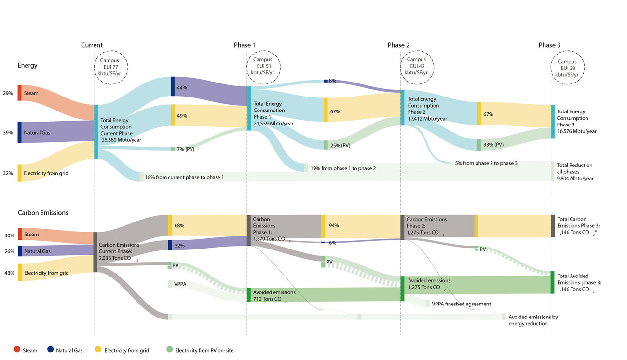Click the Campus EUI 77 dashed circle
(x=110, y=67)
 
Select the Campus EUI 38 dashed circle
(x=567, y=68)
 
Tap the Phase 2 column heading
(x=398, y=45)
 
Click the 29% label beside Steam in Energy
(x=8, y=93)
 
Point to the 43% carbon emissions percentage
(x=9, y=273)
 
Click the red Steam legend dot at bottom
(x=17, y=350)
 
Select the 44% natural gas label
(x=182, y=88)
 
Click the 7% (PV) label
(x=186, y=149)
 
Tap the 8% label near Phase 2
(x=332, y=81)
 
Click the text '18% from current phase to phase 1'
(x=184, y=178)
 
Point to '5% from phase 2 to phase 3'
(x=486, y=164)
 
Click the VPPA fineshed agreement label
(x=461, y=304)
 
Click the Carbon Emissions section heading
(x=43, y=213)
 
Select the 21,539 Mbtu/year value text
(x=273, y=124)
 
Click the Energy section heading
(x=27, y=65)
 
